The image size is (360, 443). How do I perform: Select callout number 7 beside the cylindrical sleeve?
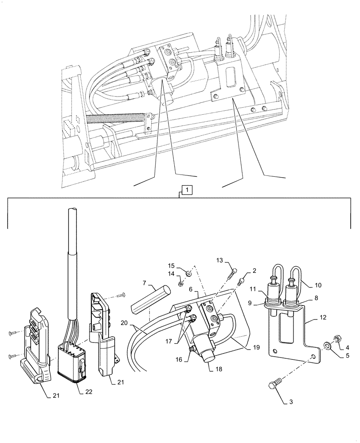click(144, 283)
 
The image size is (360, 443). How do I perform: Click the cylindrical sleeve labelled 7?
click(150, 299)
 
